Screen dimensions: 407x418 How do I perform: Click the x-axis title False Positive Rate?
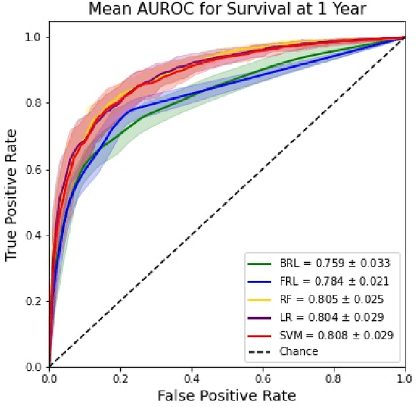(x=227, y=395)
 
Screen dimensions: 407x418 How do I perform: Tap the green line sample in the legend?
(x=259, y=264)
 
